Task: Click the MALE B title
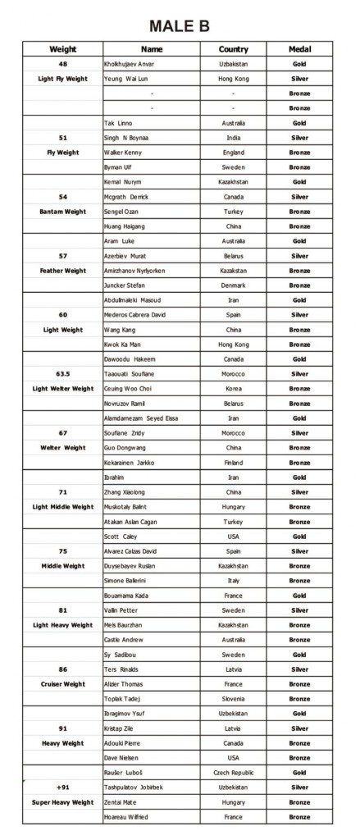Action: tap(180, 28)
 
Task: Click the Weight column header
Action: tap(63, 49)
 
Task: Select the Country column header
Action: tap(233, 49)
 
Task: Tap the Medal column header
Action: tap(299, 49)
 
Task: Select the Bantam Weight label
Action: tap(63, 212)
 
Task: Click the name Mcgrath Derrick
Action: tap(127, 197)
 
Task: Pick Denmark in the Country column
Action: tap(233, 285)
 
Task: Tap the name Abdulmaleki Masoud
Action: tap(134, 300)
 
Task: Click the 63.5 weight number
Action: tap(63, 374)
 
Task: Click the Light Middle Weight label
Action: tap(63, 507)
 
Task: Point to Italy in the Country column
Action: tap(233, 581)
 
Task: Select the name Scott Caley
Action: tap(121, 536)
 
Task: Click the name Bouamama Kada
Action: tap(128, 596)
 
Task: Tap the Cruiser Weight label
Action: tap(63, 684)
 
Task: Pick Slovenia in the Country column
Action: tap(233, 699)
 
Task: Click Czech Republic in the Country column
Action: tap(233, 773)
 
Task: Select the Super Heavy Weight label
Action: tap(63, 802)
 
